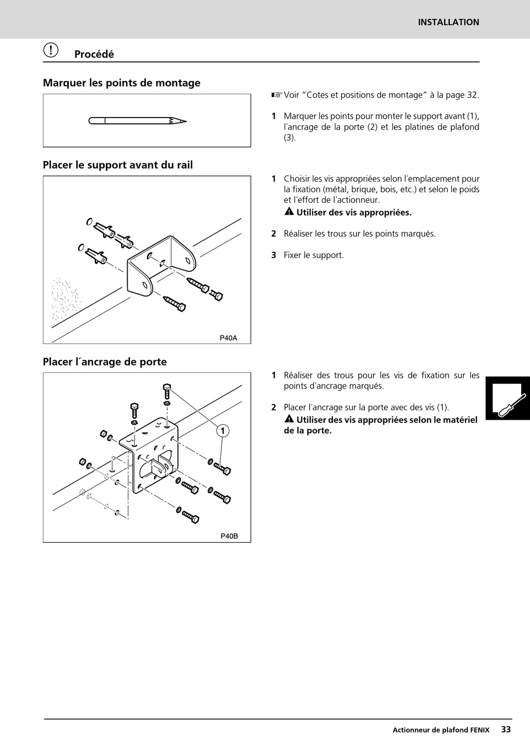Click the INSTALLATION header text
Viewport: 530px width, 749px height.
449,22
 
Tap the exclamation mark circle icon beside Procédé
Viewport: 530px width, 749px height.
51,50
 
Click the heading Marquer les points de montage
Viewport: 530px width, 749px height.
122,83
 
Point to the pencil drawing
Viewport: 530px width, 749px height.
137,120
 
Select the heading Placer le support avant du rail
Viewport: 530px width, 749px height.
118,165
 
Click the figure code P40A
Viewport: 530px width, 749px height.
228,338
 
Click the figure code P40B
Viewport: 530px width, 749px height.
229,536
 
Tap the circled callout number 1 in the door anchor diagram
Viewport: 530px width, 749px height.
223,431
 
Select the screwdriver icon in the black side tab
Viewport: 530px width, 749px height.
511,402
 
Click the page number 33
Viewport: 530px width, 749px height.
505,729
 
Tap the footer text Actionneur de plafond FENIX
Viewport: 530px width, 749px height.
441,729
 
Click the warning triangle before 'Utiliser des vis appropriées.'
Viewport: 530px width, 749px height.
289,212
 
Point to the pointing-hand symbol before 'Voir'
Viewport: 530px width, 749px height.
277,95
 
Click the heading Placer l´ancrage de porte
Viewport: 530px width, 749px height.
105,362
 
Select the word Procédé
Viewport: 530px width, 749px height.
94,54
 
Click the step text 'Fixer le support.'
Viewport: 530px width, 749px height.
314,255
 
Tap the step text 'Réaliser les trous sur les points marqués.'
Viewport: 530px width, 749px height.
359,234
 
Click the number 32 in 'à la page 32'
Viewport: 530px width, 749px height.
472,95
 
